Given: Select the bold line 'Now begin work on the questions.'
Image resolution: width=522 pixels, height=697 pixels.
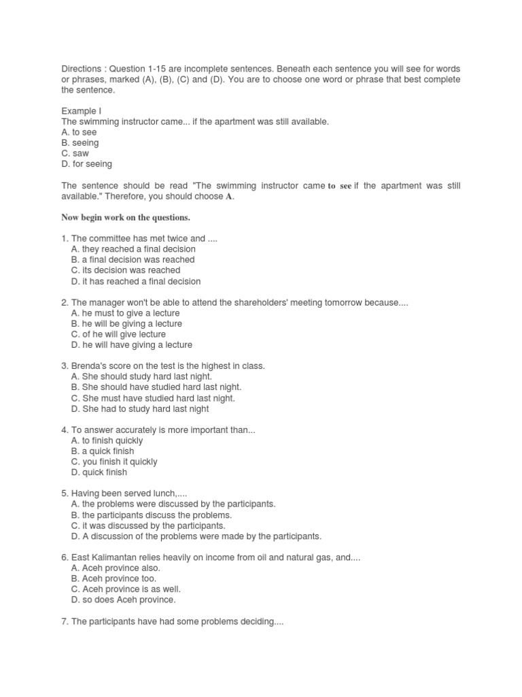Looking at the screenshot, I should tap(126, 217).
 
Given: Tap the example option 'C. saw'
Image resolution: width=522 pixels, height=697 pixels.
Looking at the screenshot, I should tap(75, 153).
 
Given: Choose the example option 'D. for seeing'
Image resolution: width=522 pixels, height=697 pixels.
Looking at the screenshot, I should tap(86, 164).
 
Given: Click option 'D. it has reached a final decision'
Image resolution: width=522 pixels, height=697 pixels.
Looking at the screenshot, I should tap(135, 281).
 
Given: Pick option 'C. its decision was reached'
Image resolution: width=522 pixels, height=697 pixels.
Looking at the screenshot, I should tap(125, 270).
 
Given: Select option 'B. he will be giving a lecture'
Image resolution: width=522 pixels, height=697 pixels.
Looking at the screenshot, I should tap(126, 323).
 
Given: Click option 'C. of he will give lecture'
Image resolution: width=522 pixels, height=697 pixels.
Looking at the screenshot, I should tap(118, 334).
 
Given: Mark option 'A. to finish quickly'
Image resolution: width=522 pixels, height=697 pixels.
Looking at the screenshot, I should tap(107, 440).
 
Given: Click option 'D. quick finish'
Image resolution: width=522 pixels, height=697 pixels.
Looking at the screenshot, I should tap(99, 472).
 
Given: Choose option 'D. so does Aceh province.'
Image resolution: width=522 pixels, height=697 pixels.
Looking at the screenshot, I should tap(123, 600).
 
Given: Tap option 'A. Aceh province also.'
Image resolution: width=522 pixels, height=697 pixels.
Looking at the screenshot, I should tap(116, 568).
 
